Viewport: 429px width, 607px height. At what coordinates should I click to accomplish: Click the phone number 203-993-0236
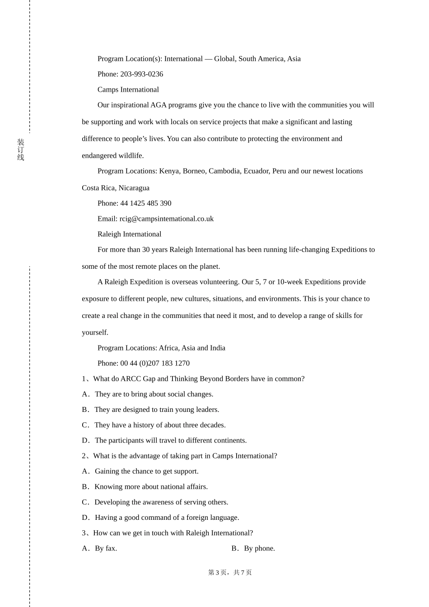click(x=141, y=74)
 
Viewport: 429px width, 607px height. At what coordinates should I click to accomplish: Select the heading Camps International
click(x=128, y=89)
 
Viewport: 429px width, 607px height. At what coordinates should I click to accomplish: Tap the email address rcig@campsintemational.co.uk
click(x=166, y=219)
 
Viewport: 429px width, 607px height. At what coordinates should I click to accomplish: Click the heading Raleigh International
click(x=129, y=234)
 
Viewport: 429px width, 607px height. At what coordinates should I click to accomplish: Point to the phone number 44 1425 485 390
click(x=145, y=203)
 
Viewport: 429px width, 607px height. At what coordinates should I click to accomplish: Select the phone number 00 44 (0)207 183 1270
click(x=154, y=363)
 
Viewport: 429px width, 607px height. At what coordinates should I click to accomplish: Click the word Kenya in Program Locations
click(x=169, y=171)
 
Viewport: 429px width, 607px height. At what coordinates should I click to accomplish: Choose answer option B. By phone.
click(x=253, y=548)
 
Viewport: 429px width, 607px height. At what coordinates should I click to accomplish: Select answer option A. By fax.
click(x=99, y=548)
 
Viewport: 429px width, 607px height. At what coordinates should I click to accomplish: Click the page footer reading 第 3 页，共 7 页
click(x=230, y=573)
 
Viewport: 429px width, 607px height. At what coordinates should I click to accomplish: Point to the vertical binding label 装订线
click(x=21, y=149)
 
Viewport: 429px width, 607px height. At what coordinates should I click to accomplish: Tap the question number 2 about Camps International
click(x=84, y=456)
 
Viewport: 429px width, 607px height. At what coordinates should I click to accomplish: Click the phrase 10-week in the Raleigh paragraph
click(x=289, y=282)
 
